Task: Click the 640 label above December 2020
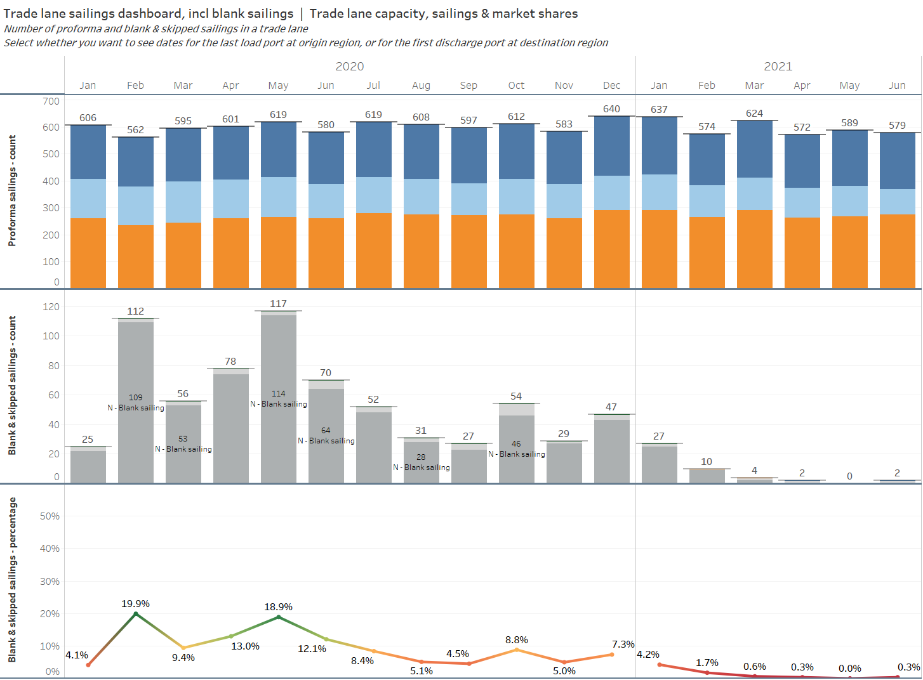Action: (611, 109)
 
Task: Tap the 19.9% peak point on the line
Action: (135, 613)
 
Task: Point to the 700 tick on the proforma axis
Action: (51, 101)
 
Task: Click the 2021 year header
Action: (778, 67)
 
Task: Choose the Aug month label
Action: (421, 86)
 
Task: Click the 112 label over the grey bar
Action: (135, 311)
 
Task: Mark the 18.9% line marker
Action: (278, 617)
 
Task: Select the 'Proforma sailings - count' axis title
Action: (12, 190)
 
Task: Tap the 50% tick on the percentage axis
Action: (50, 516)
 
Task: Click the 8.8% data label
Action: (517, 640)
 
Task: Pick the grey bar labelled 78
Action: (230, 425)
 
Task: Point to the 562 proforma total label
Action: (135, 130)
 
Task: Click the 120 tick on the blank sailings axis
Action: (51, 307)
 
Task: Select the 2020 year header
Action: (349, 67)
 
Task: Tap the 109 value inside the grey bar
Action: (135, 398)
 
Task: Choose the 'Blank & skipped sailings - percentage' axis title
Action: (12, 579)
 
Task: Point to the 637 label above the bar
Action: (659, 110)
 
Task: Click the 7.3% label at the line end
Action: (623, 644)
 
